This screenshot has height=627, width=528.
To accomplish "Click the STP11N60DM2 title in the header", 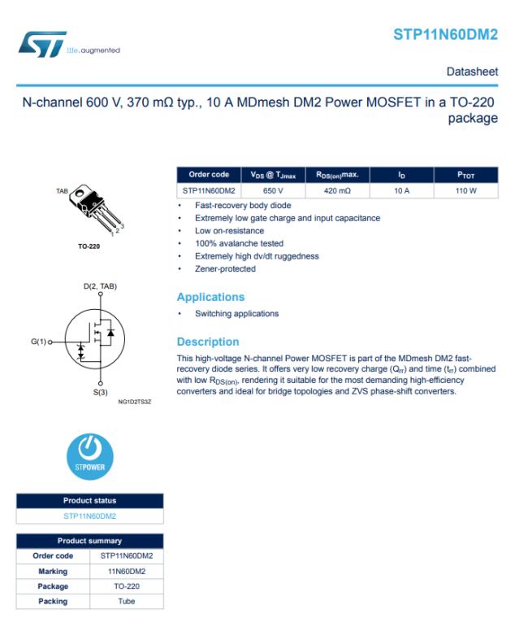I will (445, 34).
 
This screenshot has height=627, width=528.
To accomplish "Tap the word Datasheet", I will (472, 72).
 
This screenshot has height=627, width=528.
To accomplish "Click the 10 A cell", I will (401, 190).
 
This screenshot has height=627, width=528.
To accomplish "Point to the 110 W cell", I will (465, 190).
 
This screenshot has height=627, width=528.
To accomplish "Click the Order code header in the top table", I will (209, 175).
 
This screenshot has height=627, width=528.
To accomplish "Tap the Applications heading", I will (210, 297).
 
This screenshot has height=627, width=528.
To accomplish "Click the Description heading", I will (208, 342).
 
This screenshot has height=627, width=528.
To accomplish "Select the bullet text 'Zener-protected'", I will (225, 269).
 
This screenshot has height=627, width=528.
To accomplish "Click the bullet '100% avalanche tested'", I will (239, 243).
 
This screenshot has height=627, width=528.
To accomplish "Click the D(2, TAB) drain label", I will (100, 286).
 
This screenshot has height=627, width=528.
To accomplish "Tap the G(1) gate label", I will (39, 342).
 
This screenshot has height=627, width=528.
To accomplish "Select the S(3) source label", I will (100, 392).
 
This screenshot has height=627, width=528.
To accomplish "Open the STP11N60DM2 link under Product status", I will (89, 516).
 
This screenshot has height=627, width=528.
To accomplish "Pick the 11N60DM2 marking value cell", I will (126, 571).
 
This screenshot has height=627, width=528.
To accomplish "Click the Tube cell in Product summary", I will (126, 602).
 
